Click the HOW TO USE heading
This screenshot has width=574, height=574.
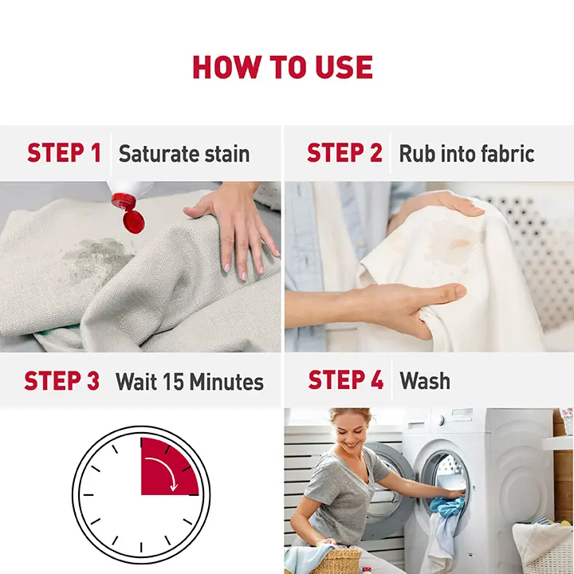click(282, 67)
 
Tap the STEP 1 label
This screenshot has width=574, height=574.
click(64, 152)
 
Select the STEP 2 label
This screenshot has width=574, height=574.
click(344, 152)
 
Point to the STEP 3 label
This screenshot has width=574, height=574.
click(62, 381)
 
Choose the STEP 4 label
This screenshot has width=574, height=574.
click(346, 379)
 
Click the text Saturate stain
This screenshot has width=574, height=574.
click(184, 153)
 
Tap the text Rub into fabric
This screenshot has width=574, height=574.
click(466, 153)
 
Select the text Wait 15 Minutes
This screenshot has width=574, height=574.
click(190, 381)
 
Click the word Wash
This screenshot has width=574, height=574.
click(425, 381)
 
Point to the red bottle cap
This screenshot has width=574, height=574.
click(129, 212)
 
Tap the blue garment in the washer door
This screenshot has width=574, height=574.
click(447, 506)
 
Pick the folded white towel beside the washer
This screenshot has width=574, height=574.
click(541, 541)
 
